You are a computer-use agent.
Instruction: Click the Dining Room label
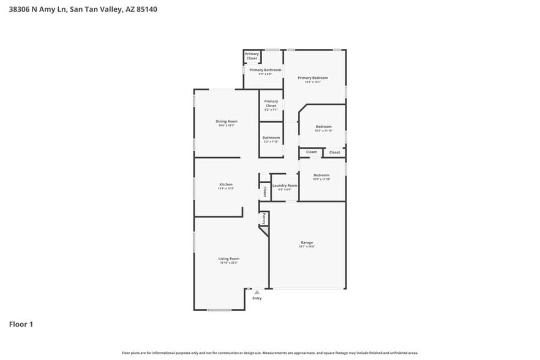click(226, 121)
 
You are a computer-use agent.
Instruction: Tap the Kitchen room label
click(226, 184)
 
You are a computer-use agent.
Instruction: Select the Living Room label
click(228, 258)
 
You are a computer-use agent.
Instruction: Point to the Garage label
click(307, 242)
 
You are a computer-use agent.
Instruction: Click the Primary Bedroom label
click(312, 78)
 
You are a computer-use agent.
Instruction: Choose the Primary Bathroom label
click(265, 70)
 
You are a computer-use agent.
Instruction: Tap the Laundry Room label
click(285, 185)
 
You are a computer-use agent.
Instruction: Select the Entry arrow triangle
click(257, 292)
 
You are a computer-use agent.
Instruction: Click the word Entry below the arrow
click(257, 298)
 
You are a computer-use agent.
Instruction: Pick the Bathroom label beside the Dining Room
click(271, 137)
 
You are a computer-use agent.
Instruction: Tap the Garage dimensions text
click(307, 247)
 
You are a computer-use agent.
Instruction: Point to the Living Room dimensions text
click(228, 263)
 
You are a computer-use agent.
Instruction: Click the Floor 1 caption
click(21, 324)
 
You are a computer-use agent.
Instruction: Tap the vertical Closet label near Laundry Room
click(264, 192)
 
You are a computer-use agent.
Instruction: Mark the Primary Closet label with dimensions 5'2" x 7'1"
click(271, 105)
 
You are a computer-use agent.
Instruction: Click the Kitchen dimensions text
click(226, 189)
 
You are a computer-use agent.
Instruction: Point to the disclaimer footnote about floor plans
click(269, 353)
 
